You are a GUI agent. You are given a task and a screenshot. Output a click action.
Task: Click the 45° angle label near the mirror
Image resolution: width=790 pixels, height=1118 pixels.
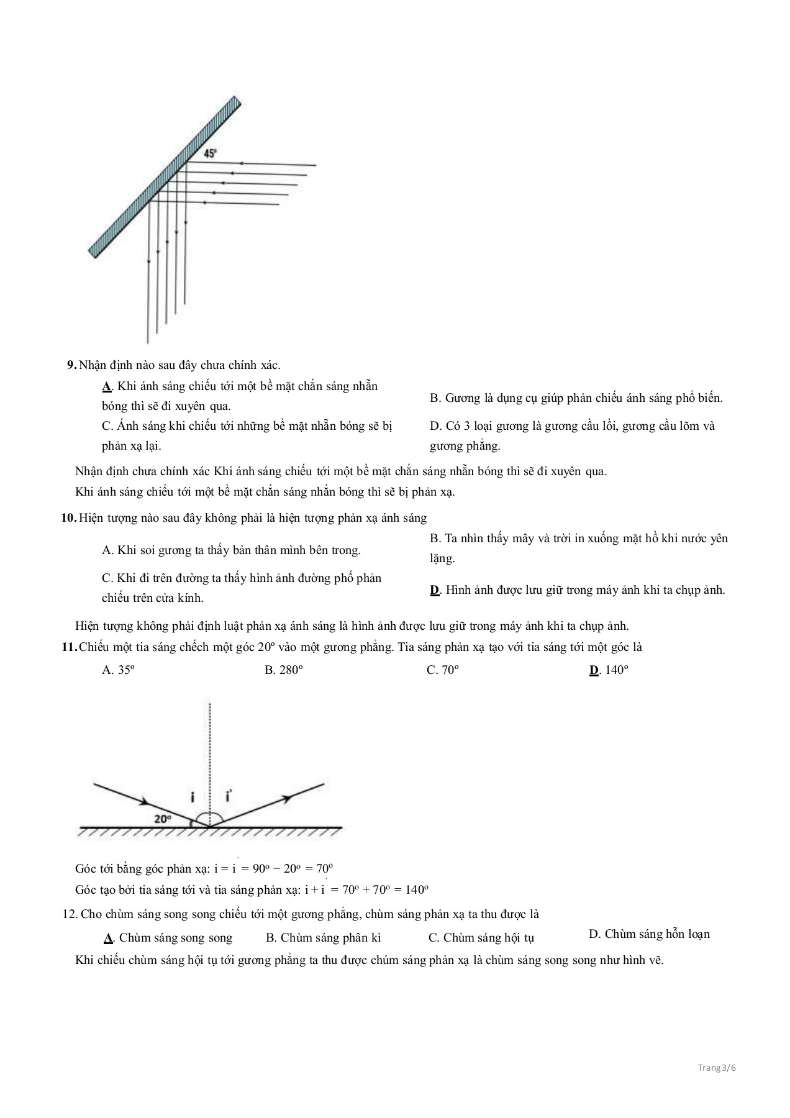pos(211,153)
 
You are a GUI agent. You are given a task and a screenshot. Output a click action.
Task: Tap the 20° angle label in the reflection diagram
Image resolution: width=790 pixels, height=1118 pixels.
pos(162,819)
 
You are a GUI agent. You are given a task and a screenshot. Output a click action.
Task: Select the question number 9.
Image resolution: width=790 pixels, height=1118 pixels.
pos(71,365)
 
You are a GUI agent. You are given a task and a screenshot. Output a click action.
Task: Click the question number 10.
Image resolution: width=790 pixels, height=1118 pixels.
pos(68,518)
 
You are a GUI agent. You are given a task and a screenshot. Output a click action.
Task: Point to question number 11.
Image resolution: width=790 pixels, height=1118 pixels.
pos(68,647)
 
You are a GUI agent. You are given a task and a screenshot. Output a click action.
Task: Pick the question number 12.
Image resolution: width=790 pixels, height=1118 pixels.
pos(70,914)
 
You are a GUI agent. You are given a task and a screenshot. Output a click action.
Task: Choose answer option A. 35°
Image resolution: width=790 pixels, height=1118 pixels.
pos(118,670)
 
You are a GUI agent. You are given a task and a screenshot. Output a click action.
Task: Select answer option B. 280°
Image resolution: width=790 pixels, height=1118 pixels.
pos(283,670)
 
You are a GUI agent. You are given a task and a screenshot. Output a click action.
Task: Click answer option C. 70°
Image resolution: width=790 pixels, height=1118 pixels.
pos(443,670)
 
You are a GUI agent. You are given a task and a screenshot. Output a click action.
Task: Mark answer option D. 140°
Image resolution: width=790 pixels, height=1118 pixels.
pos(609,670)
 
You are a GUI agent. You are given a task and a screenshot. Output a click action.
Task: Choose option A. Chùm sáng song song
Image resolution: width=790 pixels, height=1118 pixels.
pos(168,938)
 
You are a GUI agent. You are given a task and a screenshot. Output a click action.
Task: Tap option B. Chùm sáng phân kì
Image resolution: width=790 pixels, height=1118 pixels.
pos(323,938)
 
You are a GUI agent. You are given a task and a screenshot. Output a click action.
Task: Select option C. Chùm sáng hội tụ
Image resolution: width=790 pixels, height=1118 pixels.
pos(481,938)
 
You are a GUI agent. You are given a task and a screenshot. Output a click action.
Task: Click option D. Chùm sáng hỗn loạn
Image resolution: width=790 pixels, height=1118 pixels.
pos(649,934)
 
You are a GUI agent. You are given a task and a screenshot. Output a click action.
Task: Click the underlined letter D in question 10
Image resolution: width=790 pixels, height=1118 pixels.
pos(435,590)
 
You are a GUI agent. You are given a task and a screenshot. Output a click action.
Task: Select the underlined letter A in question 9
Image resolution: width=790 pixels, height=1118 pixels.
pos(106,386)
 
